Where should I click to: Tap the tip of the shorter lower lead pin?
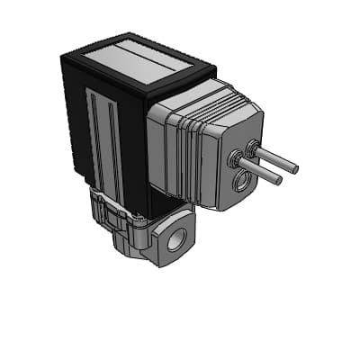tap(279, 181)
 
